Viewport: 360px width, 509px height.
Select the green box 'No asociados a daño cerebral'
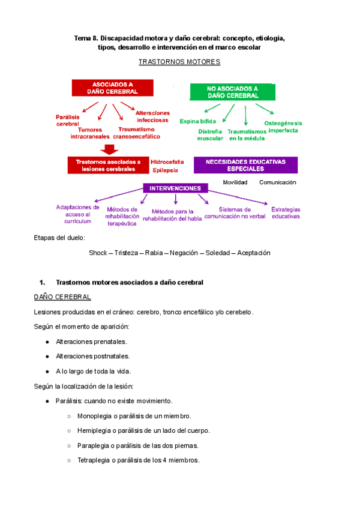[x=233, y=91]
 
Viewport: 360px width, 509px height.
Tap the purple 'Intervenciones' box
[x=175, y=188]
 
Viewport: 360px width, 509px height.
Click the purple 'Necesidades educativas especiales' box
[x=245, y=166]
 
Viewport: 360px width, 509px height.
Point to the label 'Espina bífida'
[x=197, y=121]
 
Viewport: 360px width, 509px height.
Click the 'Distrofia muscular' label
[x=210, y=134]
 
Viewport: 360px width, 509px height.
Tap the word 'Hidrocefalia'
[x=167, y=162]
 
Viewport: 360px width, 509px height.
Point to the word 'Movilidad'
[x=235, y=182]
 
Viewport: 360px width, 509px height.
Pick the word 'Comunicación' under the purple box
[x=278, y=182]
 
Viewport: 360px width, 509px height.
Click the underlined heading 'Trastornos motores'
[x=179, y=62]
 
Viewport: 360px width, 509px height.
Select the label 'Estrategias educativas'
[x=286, y=212]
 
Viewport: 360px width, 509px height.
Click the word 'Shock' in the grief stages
[x=97, y=253]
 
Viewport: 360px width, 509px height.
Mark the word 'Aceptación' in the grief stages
[x=254, y=253]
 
